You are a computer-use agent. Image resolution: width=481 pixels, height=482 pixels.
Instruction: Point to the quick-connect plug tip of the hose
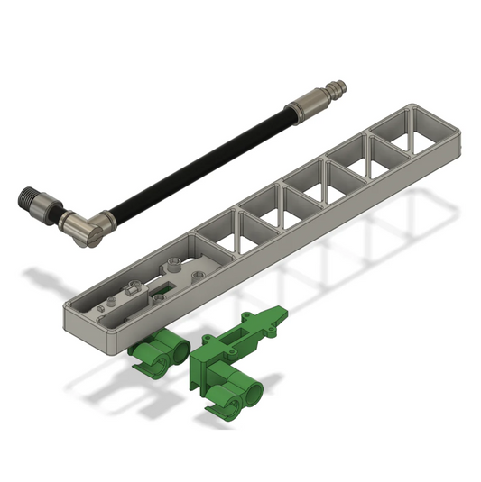341,88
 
